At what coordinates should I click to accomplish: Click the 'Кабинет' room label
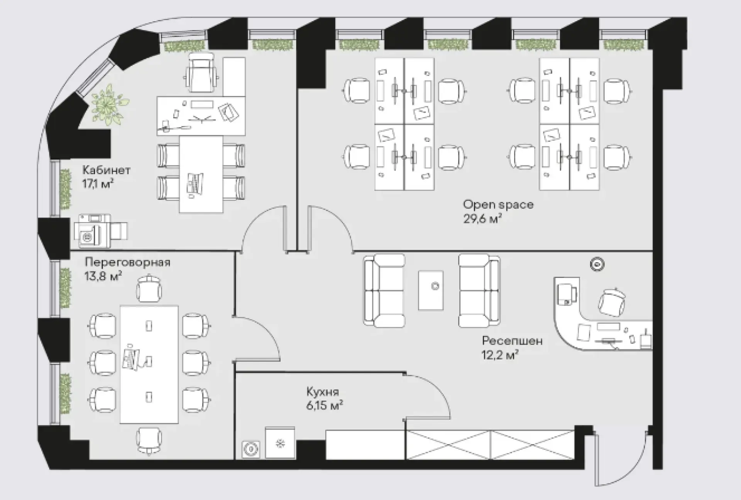point(107,170)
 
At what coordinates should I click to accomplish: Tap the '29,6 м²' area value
point(482,219)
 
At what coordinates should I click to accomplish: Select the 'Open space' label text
point(498,205)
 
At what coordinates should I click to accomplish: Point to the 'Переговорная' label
point(127,263)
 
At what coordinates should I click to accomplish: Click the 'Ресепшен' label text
point(512,341)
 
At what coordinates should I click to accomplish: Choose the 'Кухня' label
point(323,392)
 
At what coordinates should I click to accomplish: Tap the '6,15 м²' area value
point(325,406)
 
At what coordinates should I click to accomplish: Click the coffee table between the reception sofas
point(431,290)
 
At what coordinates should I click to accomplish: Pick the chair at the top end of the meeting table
point(149,288)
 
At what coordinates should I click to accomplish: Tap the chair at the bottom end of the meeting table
point(149,441)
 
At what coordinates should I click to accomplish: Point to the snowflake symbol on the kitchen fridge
point(280,444)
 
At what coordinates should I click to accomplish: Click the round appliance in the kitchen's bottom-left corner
point(251,449)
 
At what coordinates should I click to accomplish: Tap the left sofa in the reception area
point(384,291)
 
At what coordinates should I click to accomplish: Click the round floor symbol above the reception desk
point(597,264)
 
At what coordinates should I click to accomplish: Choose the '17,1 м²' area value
point(98,184)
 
